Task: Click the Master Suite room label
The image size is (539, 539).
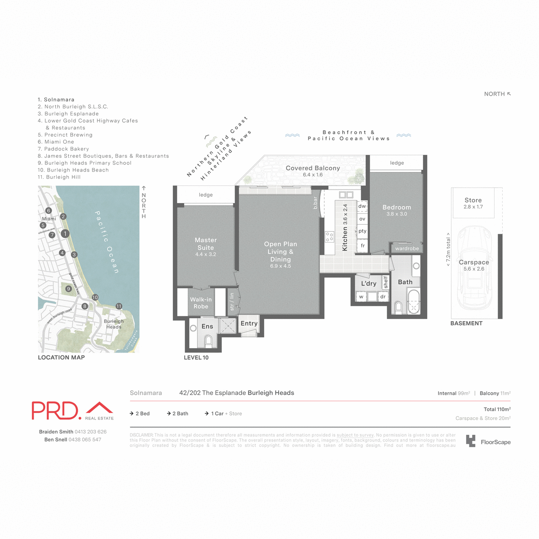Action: point(206,244)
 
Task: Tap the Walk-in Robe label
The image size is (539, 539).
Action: point(201,303)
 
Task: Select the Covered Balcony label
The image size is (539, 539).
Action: point(313,168)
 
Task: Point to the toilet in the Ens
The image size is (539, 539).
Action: point(208,341)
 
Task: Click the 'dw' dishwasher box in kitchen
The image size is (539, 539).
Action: point(362,206)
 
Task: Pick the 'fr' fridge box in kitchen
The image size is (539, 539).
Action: point(362,246)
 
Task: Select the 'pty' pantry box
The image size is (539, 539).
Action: point(362,231)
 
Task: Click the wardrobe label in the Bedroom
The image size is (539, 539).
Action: point(407,248)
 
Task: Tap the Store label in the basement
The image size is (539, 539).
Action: point(473,200)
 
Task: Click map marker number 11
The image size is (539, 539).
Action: point(119,306)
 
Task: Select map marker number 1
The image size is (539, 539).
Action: point(65,234)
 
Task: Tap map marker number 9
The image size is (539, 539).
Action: point(68,289)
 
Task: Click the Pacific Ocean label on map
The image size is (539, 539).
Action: point(107,242)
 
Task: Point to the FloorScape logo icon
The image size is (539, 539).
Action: point(470,441)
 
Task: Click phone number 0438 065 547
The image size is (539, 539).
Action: point(85,440)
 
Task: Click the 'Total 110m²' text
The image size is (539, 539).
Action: point(497,409)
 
